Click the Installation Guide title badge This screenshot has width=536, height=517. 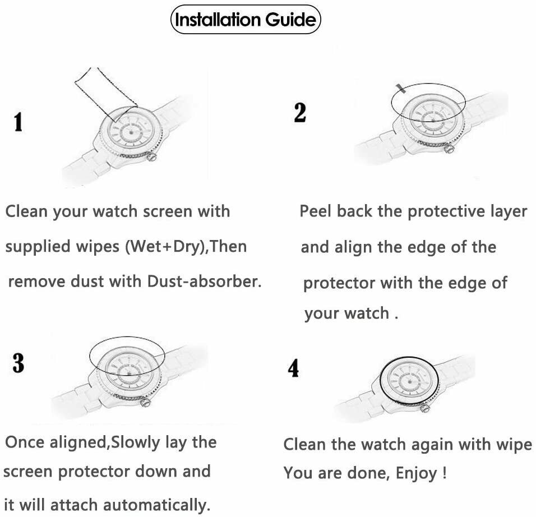click(246, 20)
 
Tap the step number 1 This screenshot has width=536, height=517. click(18, 122)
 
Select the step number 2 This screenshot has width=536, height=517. click(300, 112)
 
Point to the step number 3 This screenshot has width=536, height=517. click(19, 363)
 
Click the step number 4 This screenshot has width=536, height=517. click(293, 368)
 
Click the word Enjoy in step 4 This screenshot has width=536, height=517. click(417, 473)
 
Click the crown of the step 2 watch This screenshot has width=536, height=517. click(448, 149)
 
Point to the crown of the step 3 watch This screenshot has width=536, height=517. click(146, 401)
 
